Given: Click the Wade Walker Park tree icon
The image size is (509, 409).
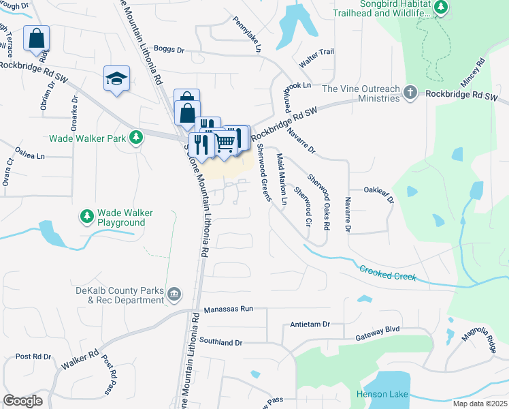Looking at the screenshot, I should [137, 137].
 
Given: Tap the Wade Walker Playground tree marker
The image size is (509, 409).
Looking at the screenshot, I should [86, 216].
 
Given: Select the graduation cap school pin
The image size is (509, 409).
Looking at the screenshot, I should [116, 79].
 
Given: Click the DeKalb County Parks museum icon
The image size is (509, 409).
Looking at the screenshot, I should [175, 294].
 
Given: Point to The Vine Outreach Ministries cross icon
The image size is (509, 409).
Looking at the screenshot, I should [410, 92].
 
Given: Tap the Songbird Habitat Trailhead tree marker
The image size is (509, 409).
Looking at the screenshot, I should [442, 7].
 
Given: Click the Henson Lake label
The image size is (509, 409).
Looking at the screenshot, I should [381, 395].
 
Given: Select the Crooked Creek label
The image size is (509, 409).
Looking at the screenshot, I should [387, 273].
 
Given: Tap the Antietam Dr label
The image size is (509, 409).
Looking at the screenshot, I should [310, 324].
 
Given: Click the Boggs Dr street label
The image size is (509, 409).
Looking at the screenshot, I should [169, 50].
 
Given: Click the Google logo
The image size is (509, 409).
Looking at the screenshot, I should [22, 401].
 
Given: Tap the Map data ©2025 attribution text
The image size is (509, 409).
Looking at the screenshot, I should [480, 404].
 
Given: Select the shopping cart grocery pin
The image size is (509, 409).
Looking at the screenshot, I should [226, 142].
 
